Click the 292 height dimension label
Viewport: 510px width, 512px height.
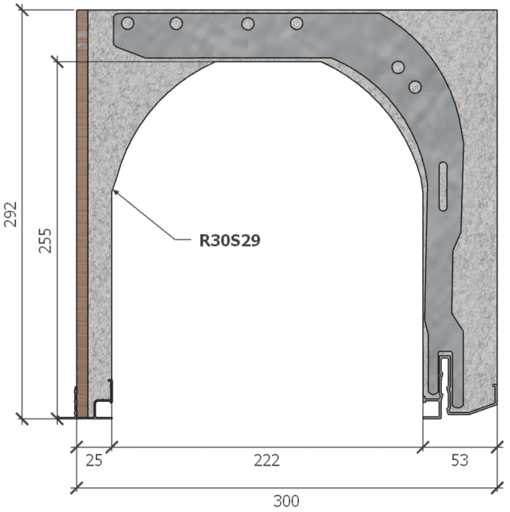pyautogui.click(x=10, y=214)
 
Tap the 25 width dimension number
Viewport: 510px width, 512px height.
pyautogui.click(x=93, y=461)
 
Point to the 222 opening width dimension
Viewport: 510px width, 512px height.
pyautogui.click(x=266, y=461)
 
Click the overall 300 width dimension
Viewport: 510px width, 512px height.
pyautogui.click(x=286, y=501)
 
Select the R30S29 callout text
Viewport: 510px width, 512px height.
pyautogui.click(x=229, y=240)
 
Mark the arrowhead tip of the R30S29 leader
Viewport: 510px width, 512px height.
pyautogui.click(x=113, y=189)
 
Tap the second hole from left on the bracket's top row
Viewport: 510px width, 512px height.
pyautogui.click(x=176, y=23)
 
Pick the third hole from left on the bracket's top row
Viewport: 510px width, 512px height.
pyautogui.click(x=248, y=23)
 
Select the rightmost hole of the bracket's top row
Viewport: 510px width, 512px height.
pyautogui.click(x=296, y=23)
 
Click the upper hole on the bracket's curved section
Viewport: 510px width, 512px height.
pyautogui.click(x=397, y=68)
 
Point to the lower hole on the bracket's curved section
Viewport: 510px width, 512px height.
pyautogui.click(x=415, y=86)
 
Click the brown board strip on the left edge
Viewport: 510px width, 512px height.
pyautogui.click(x=81, y=209)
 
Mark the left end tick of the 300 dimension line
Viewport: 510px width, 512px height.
pyautogui.click(x=76, y=486)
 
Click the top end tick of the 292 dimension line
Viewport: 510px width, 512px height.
pyautogui.click(x=23, y=10)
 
